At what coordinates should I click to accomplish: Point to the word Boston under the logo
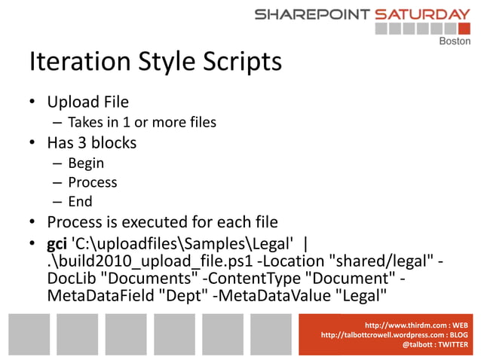click(x=455, y=41)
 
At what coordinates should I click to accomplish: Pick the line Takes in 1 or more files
click(x=142, y=122)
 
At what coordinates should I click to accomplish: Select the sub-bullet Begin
click(x=86, y=163)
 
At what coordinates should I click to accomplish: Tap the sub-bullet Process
click(x=93, y=182)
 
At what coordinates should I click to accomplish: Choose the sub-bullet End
click(x=81, y=201)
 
